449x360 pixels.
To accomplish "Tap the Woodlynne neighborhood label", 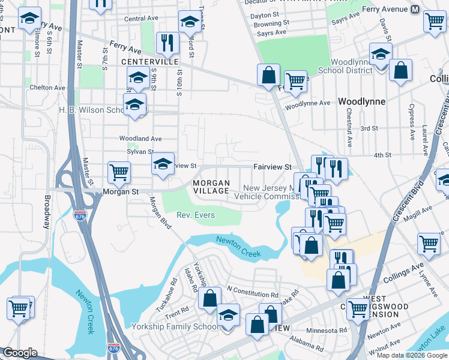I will tap(361, 101).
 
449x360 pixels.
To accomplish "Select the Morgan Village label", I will tap(211, 187).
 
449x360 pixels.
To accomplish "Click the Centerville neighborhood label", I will tap(149, 62).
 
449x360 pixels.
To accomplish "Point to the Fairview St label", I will tap(272, 167).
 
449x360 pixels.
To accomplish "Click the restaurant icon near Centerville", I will tap(166, 42).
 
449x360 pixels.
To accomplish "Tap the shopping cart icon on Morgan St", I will tap(119, 173).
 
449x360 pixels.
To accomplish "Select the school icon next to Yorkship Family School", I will tap(228, 315).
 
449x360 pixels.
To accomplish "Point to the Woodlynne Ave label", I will tap(308, 103).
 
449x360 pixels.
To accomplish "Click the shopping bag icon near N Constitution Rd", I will tap(210, 298).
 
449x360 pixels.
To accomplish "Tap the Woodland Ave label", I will tap(140, 139).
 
